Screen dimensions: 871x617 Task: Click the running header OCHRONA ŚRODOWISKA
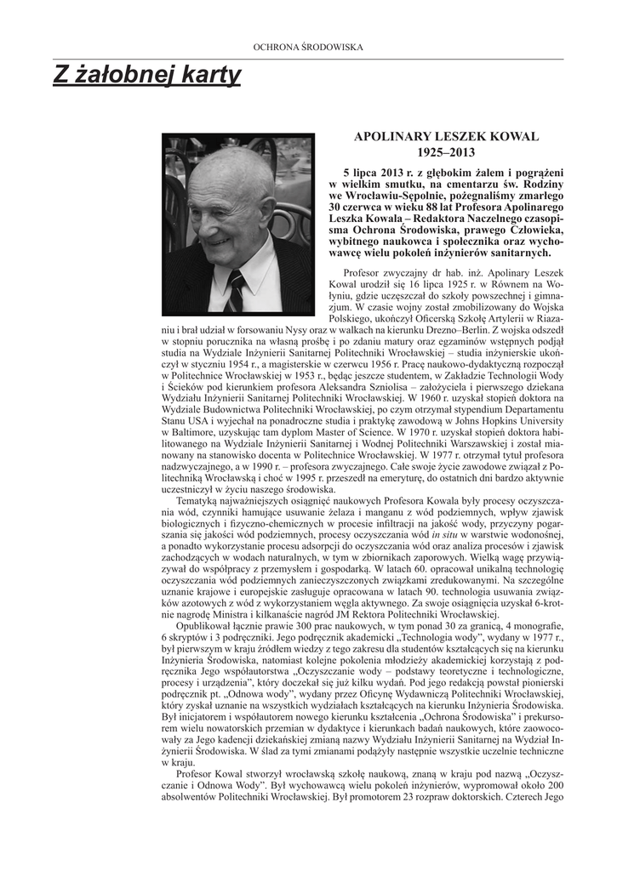pos(308,47)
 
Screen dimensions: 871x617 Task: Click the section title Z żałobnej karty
pos(147,77)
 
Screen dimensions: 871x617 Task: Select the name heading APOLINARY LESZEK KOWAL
pos(446,136)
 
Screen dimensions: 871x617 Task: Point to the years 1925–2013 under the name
pos(446,152)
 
